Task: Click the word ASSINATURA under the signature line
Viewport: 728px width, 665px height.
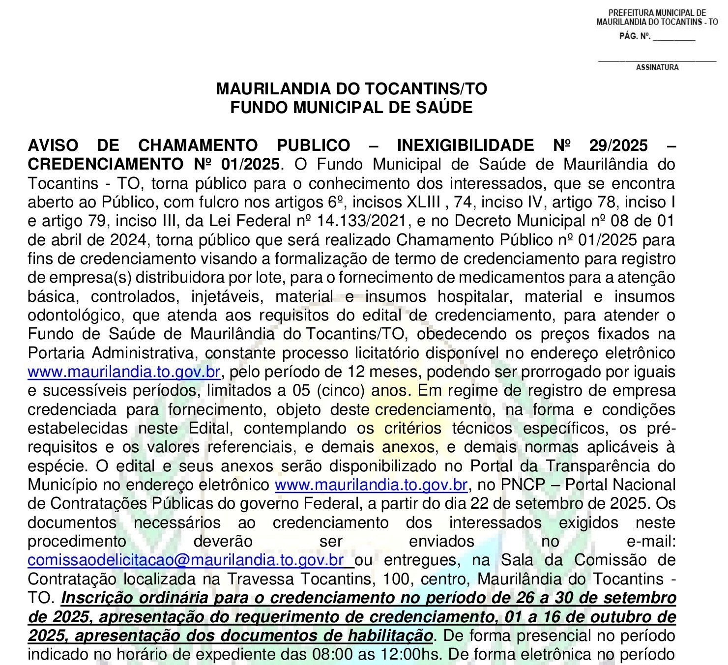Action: click(x=657, y=67)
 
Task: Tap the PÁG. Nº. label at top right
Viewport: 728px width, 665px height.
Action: click(x=635, y=36)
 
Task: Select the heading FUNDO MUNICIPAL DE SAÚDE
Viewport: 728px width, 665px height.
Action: click(x=351, y=108)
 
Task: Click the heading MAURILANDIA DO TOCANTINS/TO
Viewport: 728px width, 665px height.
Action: click(x=351, y=89)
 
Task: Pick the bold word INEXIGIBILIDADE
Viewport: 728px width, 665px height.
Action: click(x=465, y=145)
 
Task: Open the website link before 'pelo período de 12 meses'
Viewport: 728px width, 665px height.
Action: click(x=124, y=372)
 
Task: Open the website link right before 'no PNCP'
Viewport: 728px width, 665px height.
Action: click(x=371, y=485)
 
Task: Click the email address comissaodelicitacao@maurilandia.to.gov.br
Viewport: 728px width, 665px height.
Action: click(x=186, y=560)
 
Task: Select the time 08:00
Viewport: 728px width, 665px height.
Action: click(x=329, y=655)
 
